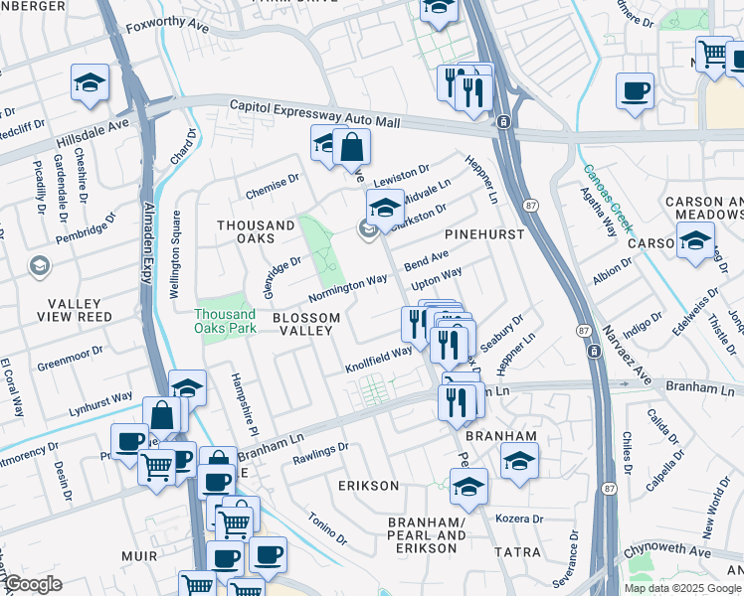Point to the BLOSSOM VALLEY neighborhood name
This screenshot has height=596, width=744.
click(x=306, y=326)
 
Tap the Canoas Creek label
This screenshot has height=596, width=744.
click(x=609, y=200)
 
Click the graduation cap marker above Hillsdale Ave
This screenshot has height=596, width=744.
click(x=90, y=82)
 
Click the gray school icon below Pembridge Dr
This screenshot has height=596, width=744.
click(x=38, y=265)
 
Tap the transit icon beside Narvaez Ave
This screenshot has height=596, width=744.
click(x=593, y=352)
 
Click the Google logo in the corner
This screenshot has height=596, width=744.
click(x=33, y=584)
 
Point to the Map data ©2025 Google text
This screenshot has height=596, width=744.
click(x=681, y=588)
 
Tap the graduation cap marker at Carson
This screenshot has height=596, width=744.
click(x=695, y=239)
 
